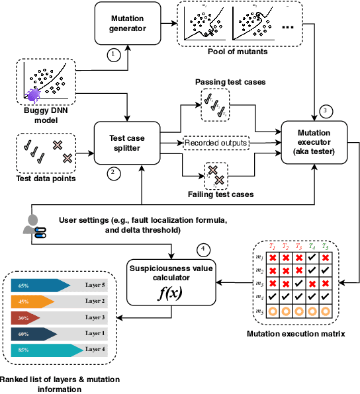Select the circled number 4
pos(204,250)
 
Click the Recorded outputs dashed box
pos(215,141)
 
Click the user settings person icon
pos(34,225)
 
